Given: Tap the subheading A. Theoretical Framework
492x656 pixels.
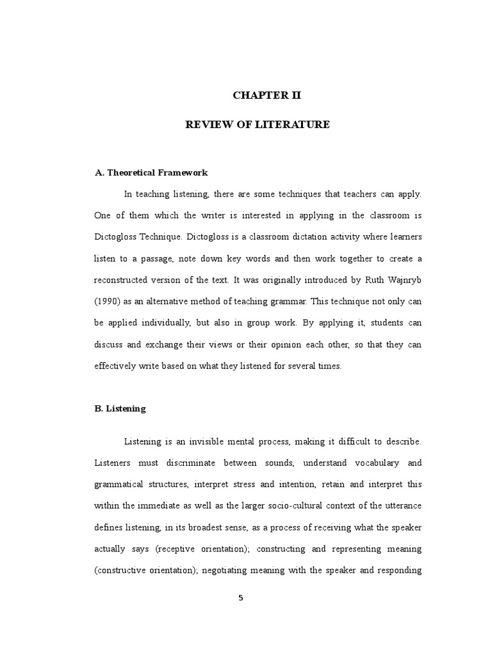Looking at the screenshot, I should pyautogui.click(x=151, y=173).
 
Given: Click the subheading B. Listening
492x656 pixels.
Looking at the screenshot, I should pyautogui.click(x=120, y=408).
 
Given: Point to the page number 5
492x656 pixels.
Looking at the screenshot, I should pyautogui.click(x=241, y=598).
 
